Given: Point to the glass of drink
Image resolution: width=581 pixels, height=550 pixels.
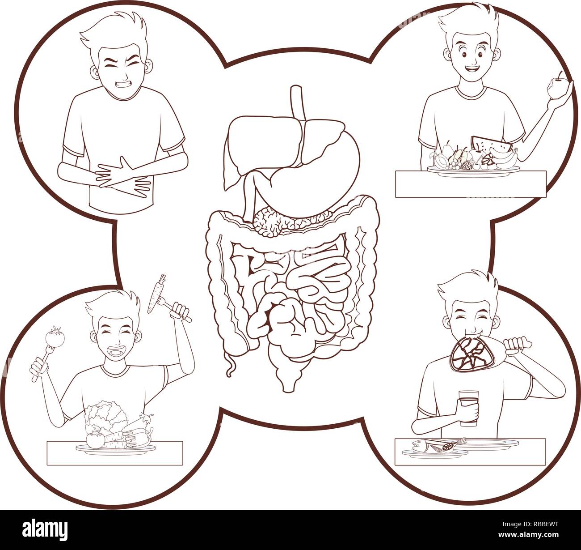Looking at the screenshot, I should pos(468,405).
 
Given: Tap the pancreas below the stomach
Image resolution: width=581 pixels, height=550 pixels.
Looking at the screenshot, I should pos(286,221).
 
